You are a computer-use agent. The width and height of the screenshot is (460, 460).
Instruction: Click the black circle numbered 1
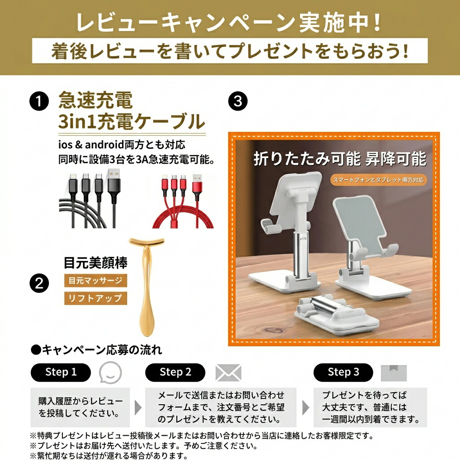(x=39, y=101)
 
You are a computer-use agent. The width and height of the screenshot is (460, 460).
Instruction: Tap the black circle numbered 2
(x=39, y=283)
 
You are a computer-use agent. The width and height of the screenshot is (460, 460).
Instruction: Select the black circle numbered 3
(x=238, y=101)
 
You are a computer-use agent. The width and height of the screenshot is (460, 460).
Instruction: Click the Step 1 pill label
(x=61, y=372)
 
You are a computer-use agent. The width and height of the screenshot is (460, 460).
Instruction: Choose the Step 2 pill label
(x=175, y=372)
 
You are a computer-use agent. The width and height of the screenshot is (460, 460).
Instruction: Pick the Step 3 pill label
(x=343, y=372)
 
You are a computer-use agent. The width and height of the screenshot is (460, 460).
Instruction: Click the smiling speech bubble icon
(x=110, y=372)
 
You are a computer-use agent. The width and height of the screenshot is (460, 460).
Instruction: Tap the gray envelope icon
(x=228, y=373)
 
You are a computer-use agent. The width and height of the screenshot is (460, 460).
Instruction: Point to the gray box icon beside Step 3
(x=394, y=373)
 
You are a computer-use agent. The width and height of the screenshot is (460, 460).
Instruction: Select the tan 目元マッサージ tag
(x=96, y=280)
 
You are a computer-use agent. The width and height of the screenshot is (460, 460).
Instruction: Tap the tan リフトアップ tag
(x=96, y=298)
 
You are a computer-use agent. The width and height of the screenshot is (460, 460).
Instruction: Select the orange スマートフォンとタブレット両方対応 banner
(x=378, y=180)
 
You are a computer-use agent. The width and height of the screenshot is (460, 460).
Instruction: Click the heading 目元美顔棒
(x=96, y=262)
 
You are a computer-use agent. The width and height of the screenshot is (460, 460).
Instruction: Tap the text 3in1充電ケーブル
(x=132, y=121)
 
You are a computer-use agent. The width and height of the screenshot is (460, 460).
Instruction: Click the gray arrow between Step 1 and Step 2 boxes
(x=138, y=407)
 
